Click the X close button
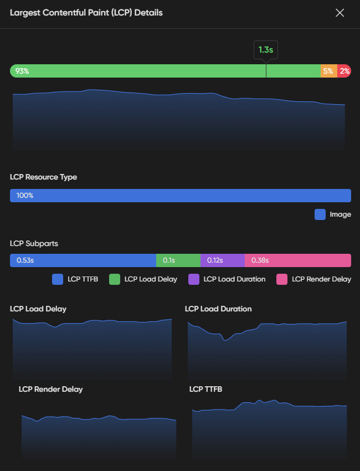(x=340, y=13)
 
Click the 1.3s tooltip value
(x=266, y=50)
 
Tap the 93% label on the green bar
(x=22, y=71)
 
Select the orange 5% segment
(x=328, y=71)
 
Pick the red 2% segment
(x=344, y=71)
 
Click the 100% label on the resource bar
(x=25, y=196)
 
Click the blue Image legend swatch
(x=320, y=214)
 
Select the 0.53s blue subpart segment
(x=83, y=260)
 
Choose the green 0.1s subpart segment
(x=178, y=260)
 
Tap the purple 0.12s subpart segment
(x=222, y=260)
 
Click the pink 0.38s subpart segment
(x=297, y=260)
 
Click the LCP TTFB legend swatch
(x=58, y=279)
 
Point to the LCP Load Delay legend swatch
(x=115, y=279)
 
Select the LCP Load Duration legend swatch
(x=194, y=279)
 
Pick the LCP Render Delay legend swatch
(x=282, y=279)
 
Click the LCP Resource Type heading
(x=43, y=177)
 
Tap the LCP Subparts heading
(x=34, y=243)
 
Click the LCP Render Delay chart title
(x=50, y=389)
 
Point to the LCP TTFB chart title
(x=205, y=389)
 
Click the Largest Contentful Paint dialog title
(x=86, y=12)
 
